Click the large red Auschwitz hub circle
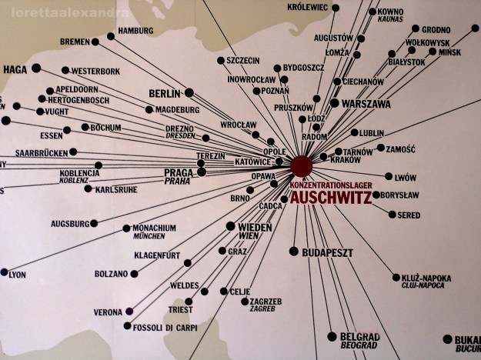[x=301, y=165]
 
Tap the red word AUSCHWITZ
[x=329, y=198]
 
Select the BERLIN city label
[x=164, y=93]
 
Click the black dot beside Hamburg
[x=111, y=36]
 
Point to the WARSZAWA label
[x=366, y=103]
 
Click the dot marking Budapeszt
[x=293, y=252]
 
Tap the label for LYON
[x=17, y=274]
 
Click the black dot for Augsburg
[x=94, y=223]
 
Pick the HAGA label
[x=15, y=68]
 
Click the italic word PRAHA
[x=178, y=182]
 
